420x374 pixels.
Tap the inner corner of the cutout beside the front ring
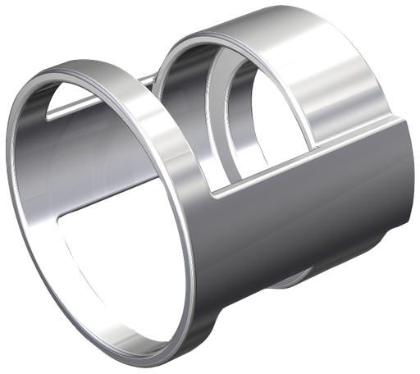pos(215,194)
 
